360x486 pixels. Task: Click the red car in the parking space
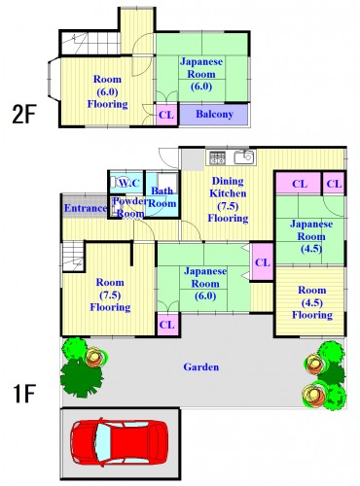coord(120,442)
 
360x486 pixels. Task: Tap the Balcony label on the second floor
coord(214,114)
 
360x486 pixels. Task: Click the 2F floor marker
coord(23,114)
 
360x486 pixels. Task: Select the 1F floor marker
coord(23,394)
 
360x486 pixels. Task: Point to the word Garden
coord(201,367)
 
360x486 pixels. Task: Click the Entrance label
coord(86,208)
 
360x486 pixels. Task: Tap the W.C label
coord(128,183)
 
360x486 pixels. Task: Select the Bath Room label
coord(162,197)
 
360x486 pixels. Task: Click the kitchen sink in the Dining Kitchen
coord(244,157)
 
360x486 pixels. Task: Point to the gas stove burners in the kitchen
coord(217,157)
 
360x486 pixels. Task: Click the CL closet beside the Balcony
coord(166,115)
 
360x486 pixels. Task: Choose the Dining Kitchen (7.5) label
coord(228,199)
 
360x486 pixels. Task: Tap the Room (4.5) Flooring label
coord(312,302)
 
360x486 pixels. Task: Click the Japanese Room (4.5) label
coord(311,236)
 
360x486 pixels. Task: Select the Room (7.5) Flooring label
coord(110,295)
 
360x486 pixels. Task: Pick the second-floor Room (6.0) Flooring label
coord(107,91)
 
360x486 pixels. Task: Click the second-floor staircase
coord(90,43)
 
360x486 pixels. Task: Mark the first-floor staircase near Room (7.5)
coord(73,257)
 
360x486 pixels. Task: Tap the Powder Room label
coord(128,207)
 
